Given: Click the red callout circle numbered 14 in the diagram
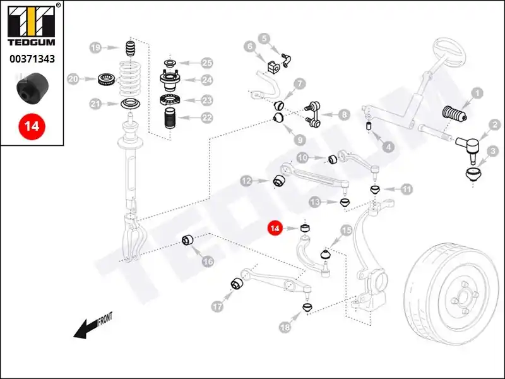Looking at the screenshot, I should [x=275, y=229].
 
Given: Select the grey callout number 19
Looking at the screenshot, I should [x=95, y=48].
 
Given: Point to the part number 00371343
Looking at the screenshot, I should [x=32, y=59].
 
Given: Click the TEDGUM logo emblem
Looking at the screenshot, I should [x=31, y=23].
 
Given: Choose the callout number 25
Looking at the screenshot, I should [x=207, y=63].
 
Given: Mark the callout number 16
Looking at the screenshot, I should [x=208, y=262].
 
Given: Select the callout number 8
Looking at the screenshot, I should [x=343, y=114].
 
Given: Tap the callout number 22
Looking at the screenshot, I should [x=207, y=117].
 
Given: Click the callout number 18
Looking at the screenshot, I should [x=285, y=327].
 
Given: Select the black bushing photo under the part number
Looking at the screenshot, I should [x=31, y=88].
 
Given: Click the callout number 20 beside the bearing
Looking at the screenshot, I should [x=73, y=80].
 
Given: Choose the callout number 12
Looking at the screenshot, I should [x=246, y=181].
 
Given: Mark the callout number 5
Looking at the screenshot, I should [x=263, y=39].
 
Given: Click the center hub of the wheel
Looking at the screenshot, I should [x=463, y=295].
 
